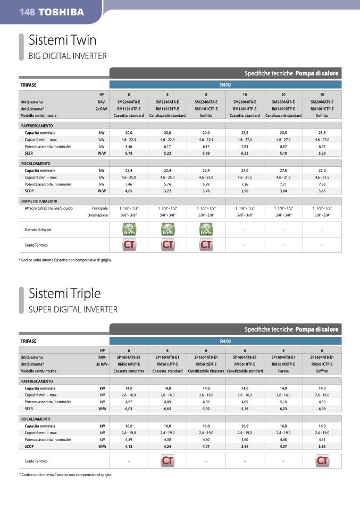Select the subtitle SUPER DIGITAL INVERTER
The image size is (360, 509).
[x=73, y=309]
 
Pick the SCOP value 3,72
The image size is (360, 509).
[x=168, y=191]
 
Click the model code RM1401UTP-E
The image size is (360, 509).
[x=245, y=108]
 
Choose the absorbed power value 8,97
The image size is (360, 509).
[x=322, y=146]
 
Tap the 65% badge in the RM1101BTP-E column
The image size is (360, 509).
[x=168, y=230]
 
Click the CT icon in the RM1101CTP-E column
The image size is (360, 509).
[x=206, y=245]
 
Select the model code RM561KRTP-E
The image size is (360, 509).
[x=283, y=364]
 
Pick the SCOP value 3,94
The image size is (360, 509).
[x=245, y=446]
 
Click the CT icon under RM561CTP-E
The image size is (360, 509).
[x=322, y=461]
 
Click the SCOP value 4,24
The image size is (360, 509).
[x=168, y=446]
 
